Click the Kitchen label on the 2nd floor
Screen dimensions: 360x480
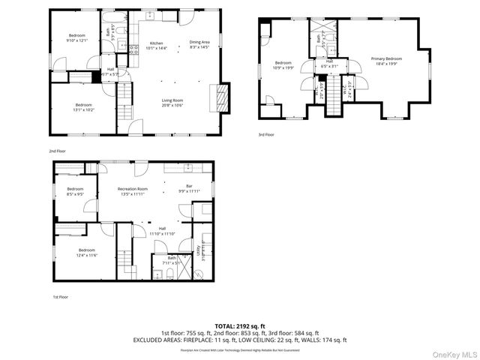coord(156,43)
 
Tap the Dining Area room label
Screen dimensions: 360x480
coord(199,42)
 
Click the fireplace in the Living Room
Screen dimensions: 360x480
coord(220,97)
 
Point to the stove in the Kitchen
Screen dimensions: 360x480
coord(133,51)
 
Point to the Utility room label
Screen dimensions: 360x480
coord(197,247)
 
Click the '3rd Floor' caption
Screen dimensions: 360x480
coord(266,134)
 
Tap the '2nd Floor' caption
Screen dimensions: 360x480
coord(58,151)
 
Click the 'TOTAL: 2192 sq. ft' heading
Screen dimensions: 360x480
coord(239,325)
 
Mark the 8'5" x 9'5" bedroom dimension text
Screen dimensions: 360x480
coord(75,194)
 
